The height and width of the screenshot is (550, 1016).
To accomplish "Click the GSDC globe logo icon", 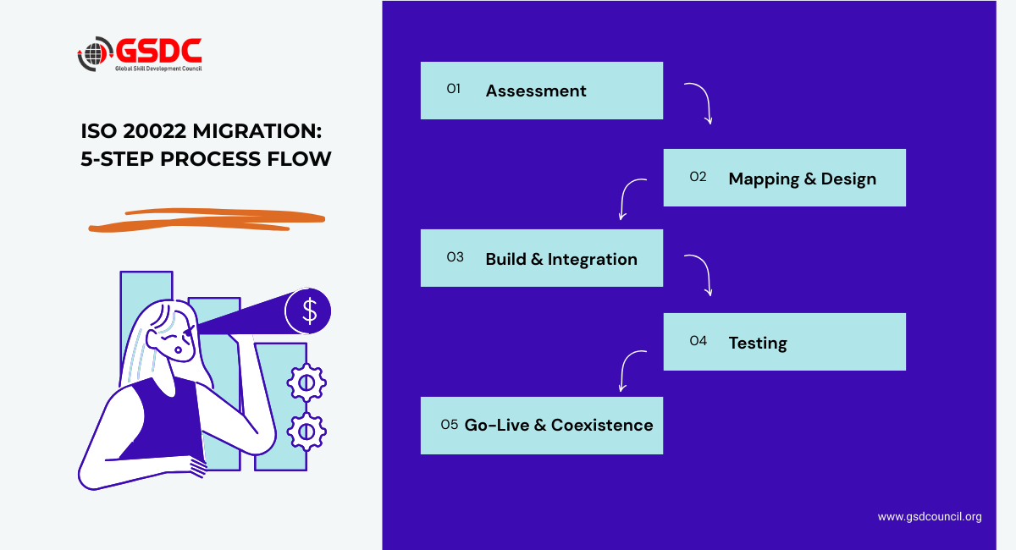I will point(95,53).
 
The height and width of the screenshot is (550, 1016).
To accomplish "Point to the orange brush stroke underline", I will point(207,221).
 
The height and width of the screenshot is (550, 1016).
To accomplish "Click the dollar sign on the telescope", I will point(309,311).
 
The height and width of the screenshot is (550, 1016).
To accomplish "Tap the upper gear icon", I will point(306,382).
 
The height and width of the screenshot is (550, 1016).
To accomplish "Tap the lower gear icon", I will point(306,432).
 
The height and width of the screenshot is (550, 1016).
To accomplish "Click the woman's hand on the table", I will point(196,466).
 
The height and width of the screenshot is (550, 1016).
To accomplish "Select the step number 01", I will point(453,89).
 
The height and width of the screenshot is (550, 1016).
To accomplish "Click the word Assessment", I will point(536,91).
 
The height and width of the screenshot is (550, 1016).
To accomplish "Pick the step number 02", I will point(698,177).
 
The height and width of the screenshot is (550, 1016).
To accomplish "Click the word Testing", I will point(758,343).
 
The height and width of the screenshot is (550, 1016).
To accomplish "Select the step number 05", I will point(450,424).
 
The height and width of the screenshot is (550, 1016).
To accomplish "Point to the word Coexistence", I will point(602,425).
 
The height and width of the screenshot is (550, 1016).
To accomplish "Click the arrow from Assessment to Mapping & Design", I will point(700,102).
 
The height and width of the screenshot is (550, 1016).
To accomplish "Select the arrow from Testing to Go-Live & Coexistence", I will point(631,370).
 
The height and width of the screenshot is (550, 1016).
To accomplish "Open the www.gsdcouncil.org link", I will point(930,516).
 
